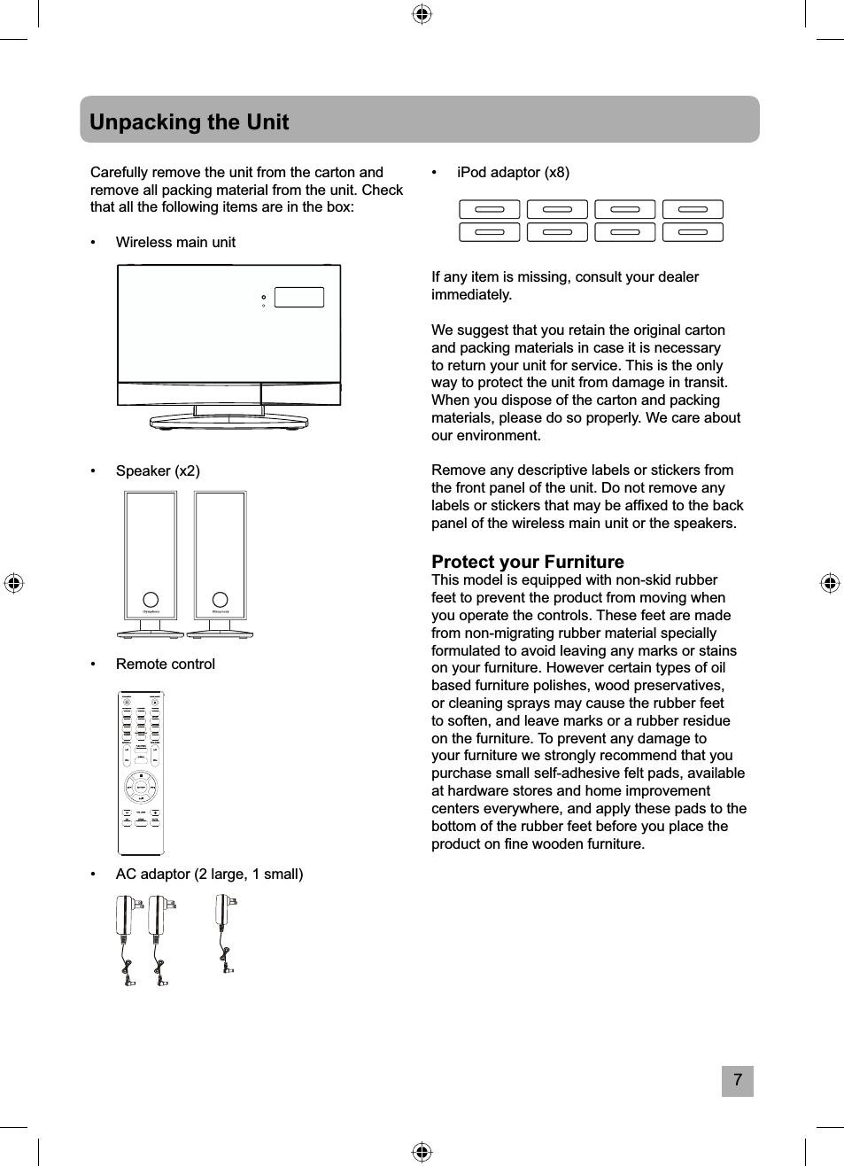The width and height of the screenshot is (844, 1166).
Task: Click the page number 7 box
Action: coord(737,1081)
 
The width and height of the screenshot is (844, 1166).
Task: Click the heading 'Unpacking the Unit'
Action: coord(189,121)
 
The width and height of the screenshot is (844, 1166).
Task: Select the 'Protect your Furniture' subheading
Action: coord(527,562)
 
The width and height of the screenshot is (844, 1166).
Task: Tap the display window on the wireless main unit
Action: coord(299,297)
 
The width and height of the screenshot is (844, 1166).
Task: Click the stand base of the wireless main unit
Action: coord(228,420)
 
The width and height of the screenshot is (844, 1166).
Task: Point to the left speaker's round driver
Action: coord(151,600)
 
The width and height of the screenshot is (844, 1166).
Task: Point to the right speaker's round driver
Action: coord(220,600)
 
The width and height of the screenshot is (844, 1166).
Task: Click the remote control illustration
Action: coord(141,773)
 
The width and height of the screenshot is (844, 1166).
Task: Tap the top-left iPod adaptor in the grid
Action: coord(490,209)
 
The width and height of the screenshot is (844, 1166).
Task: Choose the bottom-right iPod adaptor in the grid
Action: coord(693,232)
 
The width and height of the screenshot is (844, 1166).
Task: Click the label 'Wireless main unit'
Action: coord(175,242)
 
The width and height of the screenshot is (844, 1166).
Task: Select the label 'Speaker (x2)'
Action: coord(158,470)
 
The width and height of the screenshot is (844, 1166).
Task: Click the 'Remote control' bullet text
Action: coord(166,664)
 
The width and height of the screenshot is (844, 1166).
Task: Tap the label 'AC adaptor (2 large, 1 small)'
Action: coord(209,874)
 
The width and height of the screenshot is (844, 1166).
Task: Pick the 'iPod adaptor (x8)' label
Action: coord(513,172)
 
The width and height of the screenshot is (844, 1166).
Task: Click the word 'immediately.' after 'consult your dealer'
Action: coord(471,294)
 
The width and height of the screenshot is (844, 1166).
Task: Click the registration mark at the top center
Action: coord(422,14)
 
